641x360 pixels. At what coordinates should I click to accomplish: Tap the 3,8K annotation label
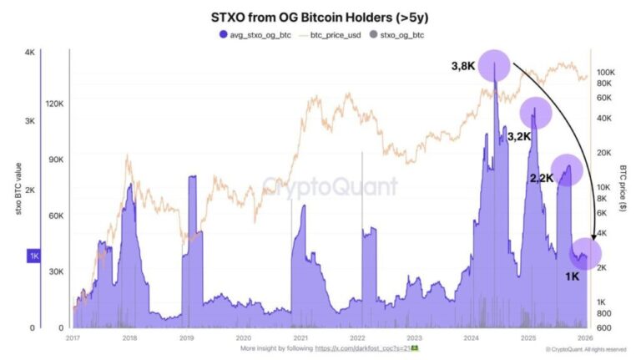(x=464, y=66)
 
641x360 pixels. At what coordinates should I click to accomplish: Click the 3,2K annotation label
(x=520, y=134)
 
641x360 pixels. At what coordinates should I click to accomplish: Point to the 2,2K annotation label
(x=542, y=178)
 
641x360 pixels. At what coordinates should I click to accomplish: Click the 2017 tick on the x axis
(x=73, y=338)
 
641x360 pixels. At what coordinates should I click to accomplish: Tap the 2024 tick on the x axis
(x=471, y=338)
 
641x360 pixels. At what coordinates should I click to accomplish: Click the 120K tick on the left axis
(x=53, y=104)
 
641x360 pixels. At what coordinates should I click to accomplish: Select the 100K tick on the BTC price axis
(x=605, y=73)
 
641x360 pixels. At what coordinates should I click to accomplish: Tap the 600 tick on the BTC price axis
(x=604, y=327)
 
